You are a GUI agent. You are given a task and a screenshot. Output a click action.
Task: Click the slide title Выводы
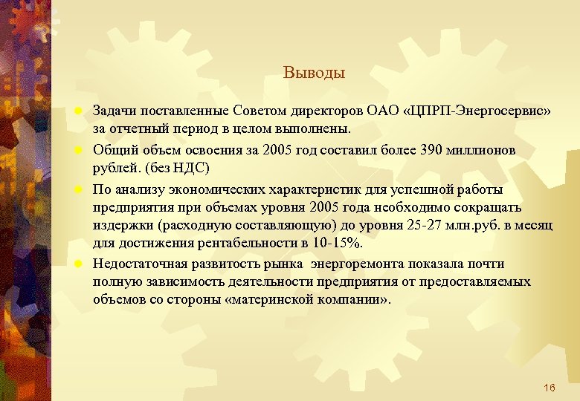click(314, 74)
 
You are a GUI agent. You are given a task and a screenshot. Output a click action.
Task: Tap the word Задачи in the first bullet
click(115, 111)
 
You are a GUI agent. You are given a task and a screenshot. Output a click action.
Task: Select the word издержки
click(117, 224)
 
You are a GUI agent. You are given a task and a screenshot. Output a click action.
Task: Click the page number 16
click(550, 388)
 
